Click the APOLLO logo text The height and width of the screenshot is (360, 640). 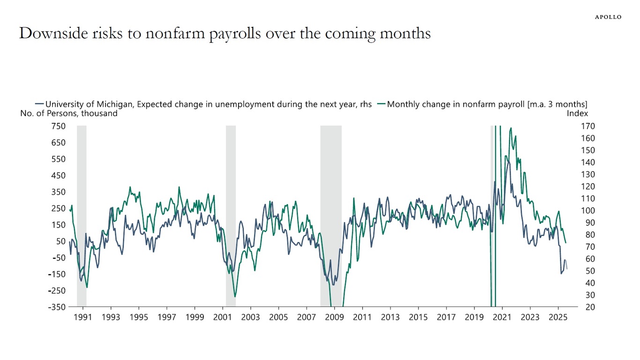(x=608, y=17)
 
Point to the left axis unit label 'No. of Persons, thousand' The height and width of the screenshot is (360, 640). (x=69, y=113)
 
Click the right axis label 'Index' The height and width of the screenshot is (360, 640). (x=577, y=113)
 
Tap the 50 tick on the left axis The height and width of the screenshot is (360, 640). (x=61, y=241)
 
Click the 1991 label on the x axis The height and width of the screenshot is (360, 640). (x=83, y=317)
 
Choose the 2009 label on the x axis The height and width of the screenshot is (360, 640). (x=334, y=317)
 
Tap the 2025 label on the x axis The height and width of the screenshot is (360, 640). (x=558, y=317)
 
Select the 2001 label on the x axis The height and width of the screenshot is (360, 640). (x=223, y=317)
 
